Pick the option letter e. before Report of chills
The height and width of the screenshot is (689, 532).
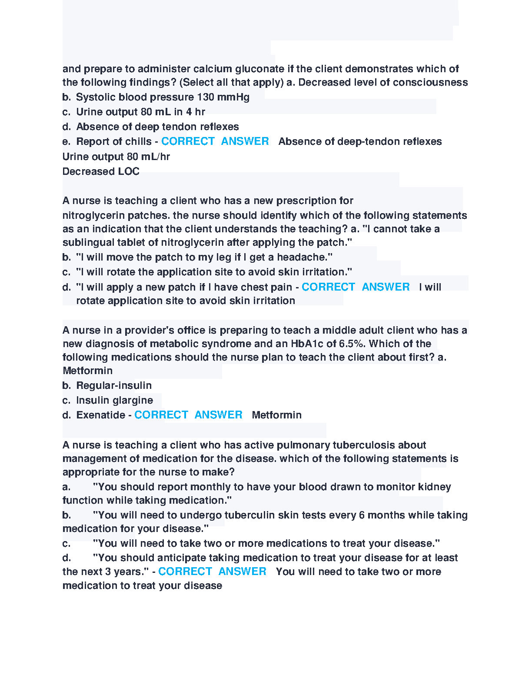[x=66, y=141]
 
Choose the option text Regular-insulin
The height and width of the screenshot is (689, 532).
[x=114, y=385]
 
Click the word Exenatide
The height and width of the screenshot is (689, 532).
[x=101, y=415]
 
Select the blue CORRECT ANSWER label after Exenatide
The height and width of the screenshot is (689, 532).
[x=188, y=415]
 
